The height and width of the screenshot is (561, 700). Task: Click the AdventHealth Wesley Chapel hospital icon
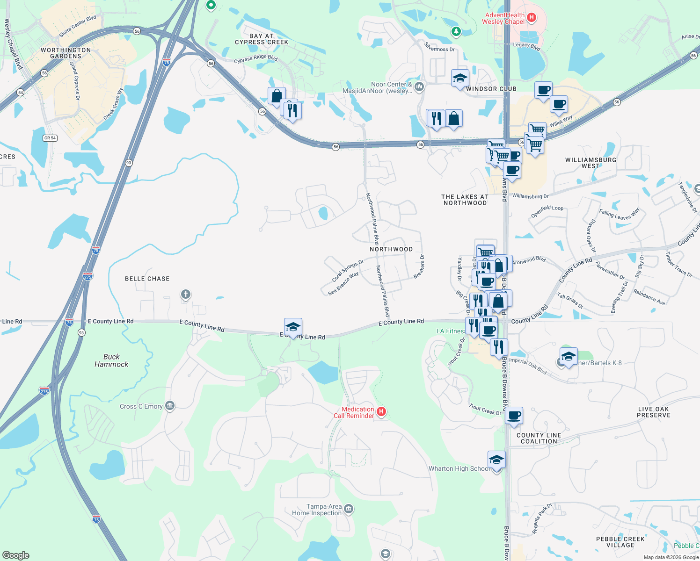[531, 18]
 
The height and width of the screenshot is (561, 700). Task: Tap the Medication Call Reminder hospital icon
[381, 412]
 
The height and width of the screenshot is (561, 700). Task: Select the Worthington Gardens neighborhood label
[66, 53]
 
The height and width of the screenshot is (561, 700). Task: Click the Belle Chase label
[147, 279]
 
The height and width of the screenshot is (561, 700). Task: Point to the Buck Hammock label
[111, 360]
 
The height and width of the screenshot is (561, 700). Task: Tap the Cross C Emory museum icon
[170, 406]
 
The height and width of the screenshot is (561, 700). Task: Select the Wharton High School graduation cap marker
[496, 460]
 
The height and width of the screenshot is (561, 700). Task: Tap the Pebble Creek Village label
[620, 542]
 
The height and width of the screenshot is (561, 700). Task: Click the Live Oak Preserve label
[653, 412]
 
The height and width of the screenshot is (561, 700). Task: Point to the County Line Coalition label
[539, 438]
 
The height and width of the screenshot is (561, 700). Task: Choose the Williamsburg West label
[591, 163]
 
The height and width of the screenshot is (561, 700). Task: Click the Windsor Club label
[491, 89]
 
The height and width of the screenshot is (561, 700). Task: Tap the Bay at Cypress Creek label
[262, 39]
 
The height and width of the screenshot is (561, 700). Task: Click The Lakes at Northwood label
[465, 200]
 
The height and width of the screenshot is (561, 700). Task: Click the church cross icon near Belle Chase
[186, 294]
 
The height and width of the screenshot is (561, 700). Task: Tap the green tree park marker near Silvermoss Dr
[456, 31]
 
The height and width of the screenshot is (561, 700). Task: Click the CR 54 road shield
[50, 138]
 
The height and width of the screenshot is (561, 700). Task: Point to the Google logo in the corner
[15, 555]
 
